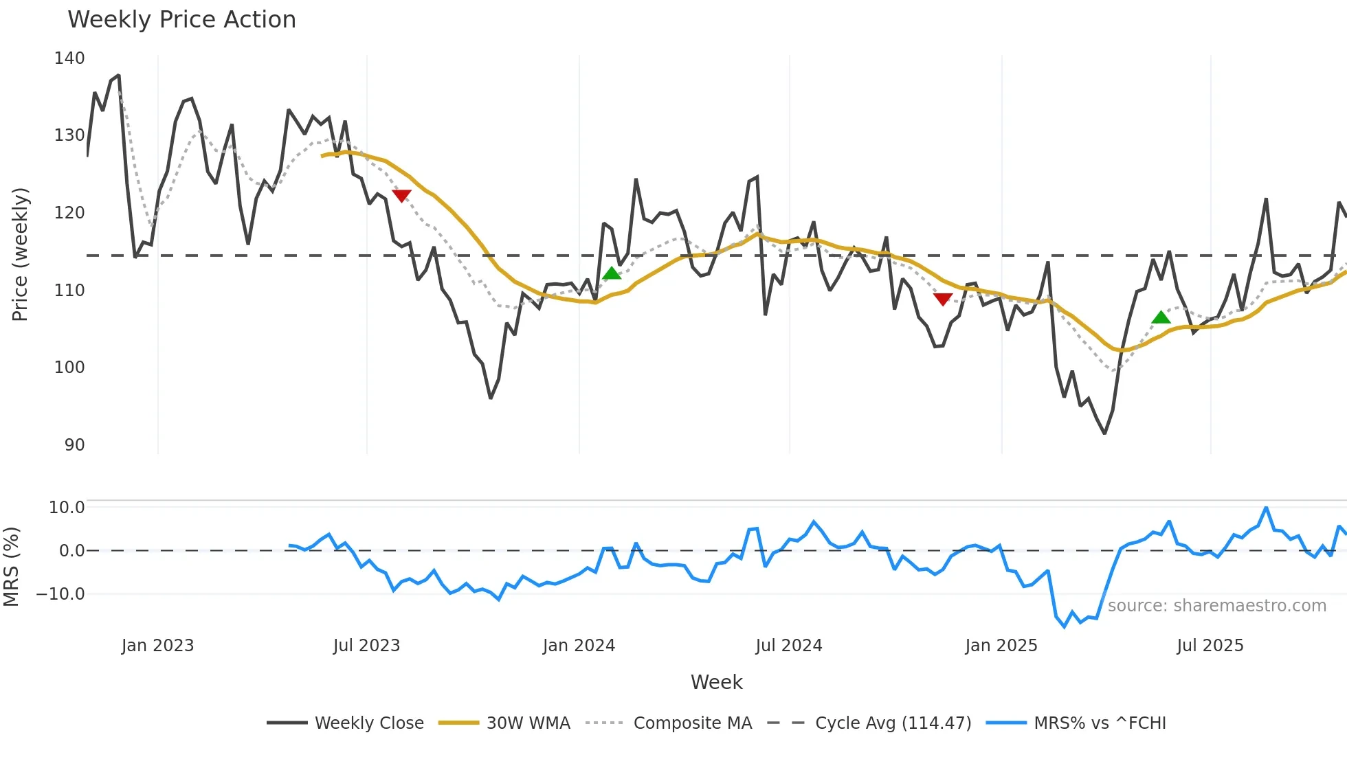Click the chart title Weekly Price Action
[181, 20]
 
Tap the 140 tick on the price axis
[69, 58]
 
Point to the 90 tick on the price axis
[74, 445]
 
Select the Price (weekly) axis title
[20, 254]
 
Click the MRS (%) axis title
[11, 567]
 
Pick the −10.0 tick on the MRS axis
[61, 594]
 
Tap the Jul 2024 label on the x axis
[788, 646]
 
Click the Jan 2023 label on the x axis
[157, 646]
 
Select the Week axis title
[716, 682]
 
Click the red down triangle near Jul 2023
[401, 196]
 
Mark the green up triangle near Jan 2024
[612, 273]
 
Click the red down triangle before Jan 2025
[943, 299]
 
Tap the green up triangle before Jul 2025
[1161, 317]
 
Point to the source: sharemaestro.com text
[1216, 606]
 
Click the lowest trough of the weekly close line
[1104, 433]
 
